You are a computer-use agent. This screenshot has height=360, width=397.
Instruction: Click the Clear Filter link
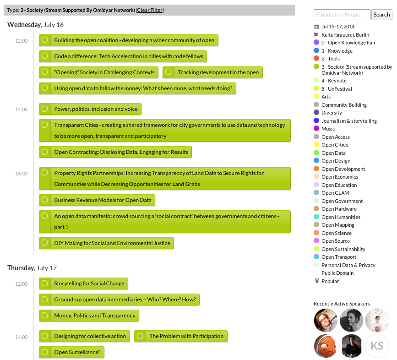coord(150,10)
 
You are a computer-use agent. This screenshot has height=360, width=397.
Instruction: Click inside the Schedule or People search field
coord(342,15)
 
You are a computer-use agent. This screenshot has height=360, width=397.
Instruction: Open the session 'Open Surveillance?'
coord(77,352)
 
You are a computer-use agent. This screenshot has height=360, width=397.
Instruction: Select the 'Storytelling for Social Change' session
coord(89,284)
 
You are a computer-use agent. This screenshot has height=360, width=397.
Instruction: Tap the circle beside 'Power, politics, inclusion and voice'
coord(45,109)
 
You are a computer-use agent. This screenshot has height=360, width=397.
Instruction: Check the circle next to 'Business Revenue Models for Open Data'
coord(45,200)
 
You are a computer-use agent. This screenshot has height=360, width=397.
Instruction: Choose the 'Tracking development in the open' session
coord(218,72)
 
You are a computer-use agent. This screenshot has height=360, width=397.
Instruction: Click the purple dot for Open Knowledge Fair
coord(316,42)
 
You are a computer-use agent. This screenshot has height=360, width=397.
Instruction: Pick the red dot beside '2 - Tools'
coord(316,58)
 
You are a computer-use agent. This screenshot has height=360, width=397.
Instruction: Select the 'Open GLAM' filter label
coord(335,193)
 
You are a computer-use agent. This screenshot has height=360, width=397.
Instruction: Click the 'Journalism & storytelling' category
coord(349,121)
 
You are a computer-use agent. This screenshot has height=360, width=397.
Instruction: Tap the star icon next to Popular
coord(316,281)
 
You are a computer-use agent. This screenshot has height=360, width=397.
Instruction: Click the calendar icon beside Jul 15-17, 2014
coord(316,27)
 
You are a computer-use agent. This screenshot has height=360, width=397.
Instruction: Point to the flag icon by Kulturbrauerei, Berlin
coord(316,34)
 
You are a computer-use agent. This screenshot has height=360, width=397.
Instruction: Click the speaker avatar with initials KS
coord(377,346)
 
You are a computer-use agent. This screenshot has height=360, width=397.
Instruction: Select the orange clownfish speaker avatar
coord(326,346)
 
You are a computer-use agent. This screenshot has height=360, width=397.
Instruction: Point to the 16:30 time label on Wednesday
coord(21,174)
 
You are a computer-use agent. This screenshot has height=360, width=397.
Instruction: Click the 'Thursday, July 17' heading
coord(32,268)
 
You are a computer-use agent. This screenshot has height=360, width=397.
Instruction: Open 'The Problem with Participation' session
coord(186,336)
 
